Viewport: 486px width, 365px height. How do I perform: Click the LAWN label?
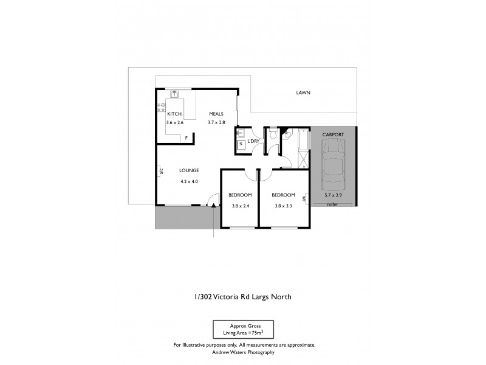[x=303, y=94]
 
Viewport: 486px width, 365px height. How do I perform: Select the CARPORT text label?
[x=333, y=134]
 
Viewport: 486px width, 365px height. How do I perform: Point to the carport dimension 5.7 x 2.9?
[x=333, y=195]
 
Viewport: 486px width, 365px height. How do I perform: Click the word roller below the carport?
[x=332, y=205]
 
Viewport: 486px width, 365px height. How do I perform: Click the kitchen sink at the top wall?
[x=174, y=94]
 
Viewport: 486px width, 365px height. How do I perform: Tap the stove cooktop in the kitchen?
[x=162, y=107]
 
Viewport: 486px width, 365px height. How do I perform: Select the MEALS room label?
[x=216, y=114]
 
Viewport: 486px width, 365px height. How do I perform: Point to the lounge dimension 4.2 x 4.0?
[x=189, y=181]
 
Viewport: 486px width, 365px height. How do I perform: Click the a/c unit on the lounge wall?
[x=160, y=172]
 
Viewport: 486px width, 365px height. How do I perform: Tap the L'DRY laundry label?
[x=253, y=141]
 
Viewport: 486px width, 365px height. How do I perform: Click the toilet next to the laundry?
[x=273, y=134]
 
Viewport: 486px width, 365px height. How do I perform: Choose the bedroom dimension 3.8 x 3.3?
[x=282, y=206]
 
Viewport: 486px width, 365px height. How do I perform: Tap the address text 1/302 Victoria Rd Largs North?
[x=242, y=297]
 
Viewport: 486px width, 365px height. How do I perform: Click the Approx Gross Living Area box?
[x=242, y=329]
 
